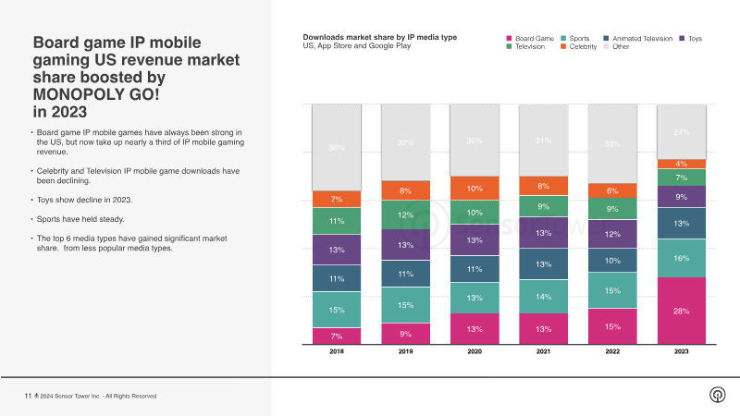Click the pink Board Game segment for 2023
pos(680,311)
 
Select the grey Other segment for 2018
pos(336,148)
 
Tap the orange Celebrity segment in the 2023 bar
pos(680,164)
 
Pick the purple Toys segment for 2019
pos(404,244)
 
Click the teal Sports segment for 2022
pos(611,290)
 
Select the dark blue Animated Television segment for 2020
pos(474,269)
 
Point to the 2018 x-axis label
pos(336,352)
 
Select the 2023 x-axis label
pos(680,352)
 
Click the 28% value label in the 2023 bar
pos(680,311)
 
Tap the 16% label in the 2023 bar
pos(680,258)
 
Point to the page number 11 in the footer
pos(28,396)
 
